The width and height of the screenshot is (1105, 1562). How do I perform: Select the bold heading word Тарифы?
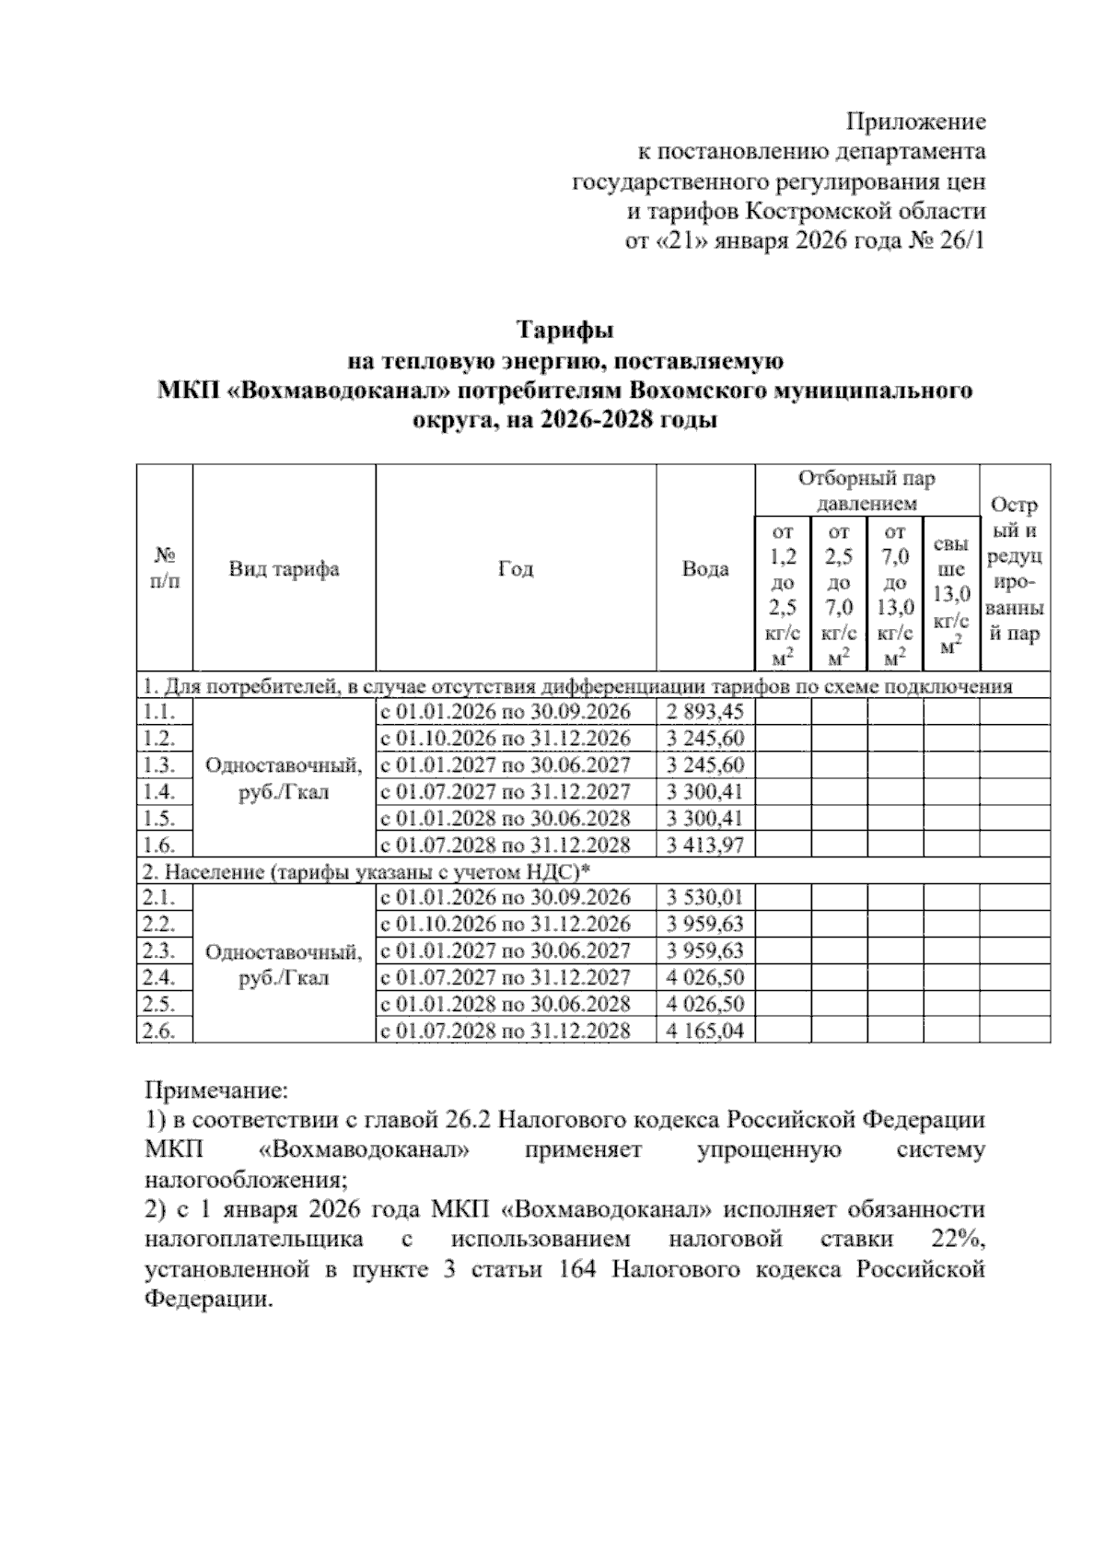pos(564,329)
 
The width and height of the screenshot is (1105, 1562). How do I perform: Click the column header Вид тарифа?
pos(284,569)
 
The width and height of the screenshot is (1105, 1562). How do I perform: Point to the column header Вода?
pos(704,569)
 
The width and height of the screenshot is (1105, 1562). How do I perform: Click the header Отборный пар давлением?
pos(867,491)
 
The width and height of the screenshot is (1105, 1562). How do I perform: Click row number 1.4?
pos(159,792)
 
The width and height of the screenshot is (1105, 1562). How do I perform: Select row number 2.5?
pos(159,1004)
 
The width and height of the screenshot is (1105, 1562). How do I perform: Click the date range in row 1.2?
pos(505,739)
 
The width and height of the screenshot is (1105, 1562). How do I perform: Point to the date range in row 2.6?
pos(505,1031)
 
